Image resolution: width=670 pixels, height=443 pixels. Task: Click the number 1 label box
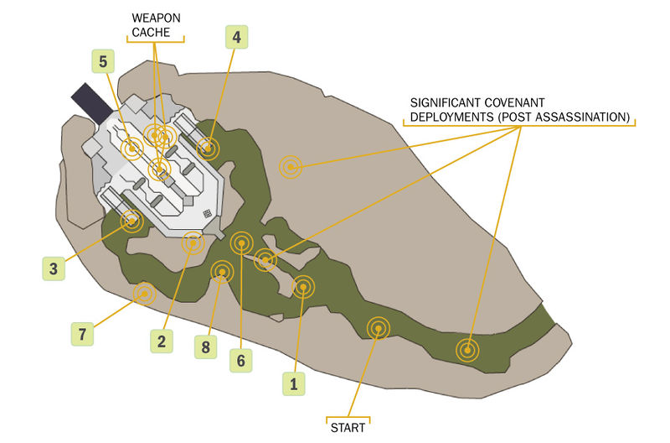point(293,384)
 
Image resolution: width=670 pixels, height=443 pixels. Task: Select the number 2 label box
point(161,341)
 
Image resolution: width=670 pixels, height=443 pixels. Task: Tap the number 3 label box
point(54,269)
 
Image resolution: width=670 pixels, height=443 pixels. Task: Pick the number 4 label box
point(236,37)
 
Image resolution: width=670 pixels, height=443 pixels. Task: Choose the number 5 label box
point(103,61)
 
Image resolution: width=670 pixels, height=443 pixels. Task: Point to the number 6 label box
point(240,361)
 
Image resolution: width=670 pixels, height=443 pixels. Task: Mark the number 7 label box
point(81,335)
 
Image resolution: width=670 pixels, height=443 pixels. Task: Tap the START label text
point(348,427)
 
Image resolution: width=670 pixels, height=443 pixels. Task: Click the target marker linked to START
point(378,328)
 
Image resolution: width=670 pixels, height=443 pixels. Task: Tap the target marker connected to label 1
point(302,288)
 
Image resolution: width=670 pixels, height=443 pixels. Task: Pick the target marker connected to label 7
point(144,294)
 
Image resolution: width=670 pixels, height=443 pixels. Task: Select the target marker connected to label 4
point(207,149)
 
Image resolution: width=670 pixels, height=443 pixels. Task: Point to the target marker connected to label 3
point(131,221)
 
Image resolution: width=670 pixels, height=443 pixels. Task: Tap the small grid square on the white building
point(206,214)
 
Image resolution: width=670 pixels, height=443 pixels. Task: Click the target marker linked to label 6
point(241,243)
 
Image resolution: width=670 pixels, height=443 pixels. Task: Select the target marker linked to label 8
point(222,271)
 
